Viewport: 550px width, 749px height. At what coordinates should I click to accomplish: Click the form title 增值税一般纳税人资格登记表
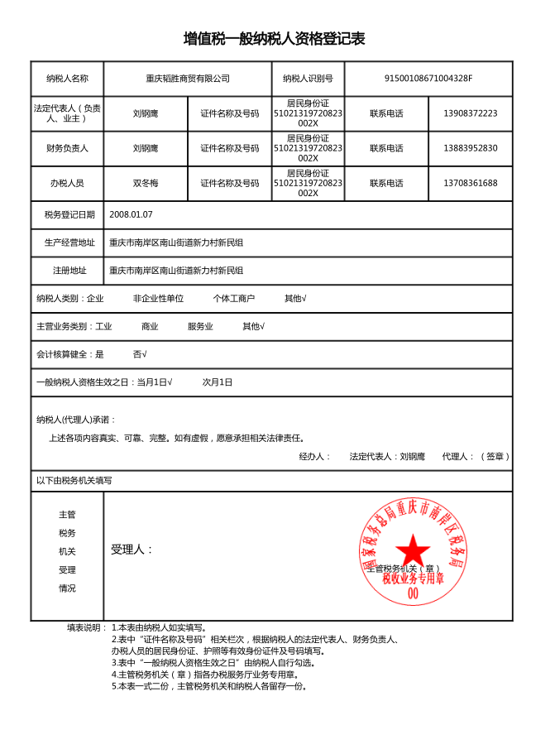[274, 39]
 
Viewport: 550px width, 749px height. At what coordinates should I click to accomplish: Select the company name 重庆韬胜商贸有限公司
[187, 79]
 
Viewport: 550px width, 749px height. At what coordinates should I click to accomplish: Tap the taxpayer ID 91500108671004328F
[428, 79]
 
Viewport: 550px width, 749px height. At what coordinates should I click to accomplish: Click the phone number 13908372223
[470, 113]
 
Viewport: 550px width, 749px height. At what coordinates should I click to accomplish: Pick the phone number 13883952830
[470, 148]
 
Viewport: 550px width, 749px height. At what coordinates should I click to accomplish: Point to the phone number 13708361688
[470, 183]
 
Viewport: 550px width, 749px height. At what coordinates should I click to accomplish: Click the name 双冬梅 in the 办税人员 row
[146, 183]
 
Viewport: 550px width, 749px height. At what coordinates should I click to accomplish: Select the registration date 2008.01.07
[136, 214]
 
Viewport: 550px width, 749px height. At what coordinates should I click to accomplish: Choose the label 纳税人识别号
[308, 79]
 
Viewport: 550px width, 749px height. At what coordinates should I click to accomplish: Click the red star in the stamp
[412, 550]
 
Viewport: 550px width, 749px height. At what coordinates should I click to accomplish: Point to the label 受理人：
[132, 550]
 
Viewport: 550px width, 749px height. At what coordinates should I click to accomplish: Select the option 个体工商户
[233, 298]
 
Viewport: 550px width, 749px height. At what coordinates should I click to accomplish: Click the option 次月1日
[218, 382]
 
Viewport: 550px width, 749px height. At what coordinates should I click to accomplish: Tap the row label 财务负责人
[67, 148]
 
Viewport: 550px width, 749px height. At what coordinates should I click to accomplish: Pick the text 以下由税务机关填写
[74, 480]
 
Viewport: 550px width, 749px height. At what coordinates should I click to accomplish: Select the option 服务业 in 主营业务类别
[200, 326]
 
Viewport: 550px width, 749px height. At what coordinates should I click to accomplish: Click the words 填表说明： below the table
[87, 627]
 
